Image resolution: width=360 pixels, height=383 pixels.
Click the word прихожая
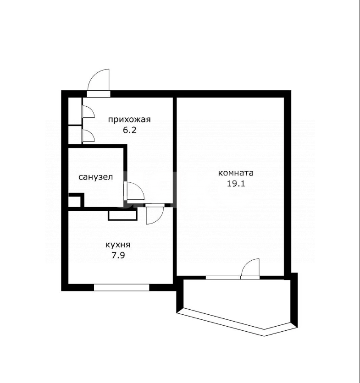pyautogui.click(x=129, y=120)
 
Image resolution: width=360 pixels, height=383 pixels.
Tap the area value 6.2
pyautogui.click(x=129, y=130)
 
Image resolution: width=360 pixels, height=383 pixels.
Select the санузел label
pyautogui.click(x=96, y=177)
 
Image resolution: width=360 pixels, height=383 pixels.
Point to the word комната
pyautogui.click(x=236, y=173)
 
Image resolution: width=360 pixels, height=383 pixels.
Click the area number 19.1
pyautogui.click(x=236, y=183)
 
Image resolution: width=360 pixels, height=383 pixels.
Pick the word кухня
pyautogui.click(x=118, y=245)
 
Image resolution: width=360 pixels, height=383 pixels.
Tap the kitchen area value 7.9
pyautogui.click(x=118, y=255)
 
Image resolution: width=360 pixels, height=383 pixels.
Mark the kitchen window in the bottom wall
pyautogui.click(x=122, y=287)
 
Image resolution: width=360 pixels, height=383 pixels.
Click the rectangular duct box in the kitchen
pyautogui.click(x=123, y=215)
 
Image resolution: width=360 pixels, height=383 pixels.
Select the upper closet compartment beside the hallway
pyautogui.click(x=75, y=111)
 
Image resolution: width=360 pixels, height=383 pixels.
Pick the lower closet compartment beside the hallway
pyautogui.click(x=75, y=135)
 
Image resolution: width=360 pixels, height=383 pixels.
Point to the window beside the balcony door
pyautogui.click(x=223, y=278)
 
